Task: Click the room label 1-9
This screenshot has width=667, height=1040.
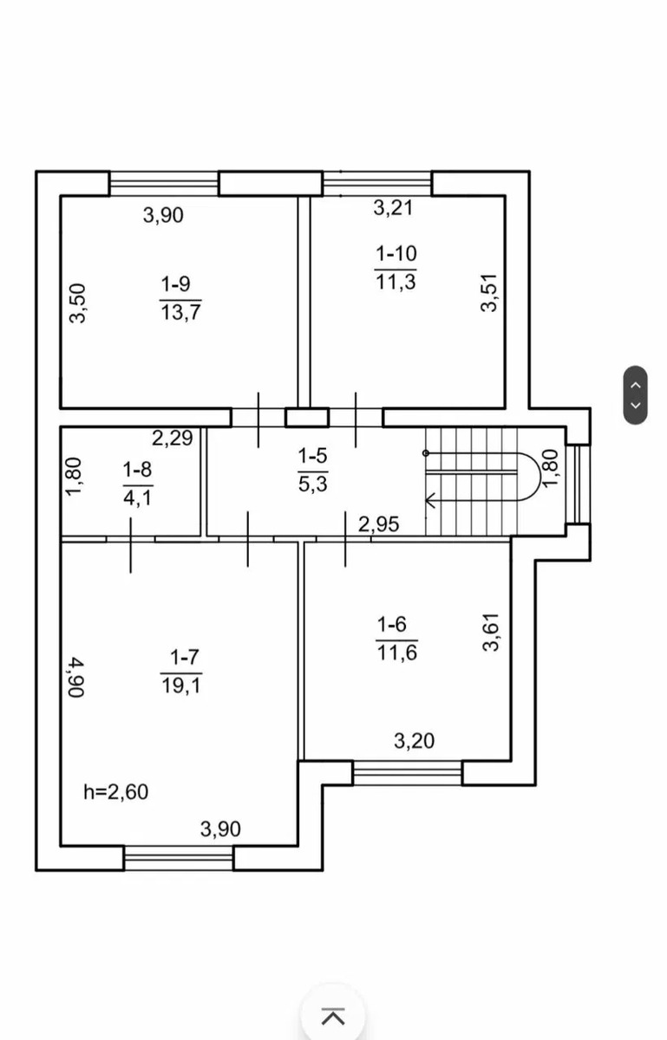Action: (176, 283)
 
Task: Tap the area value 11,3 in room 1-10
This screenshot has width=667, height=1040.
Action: (396, 282)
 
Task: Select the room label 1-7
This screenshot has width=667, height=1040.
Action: (185, 658)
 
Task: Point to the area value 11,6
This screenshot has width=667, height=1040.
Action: (397, 653)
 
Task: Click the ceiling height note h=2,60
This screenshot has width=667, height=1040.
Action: (115, 792)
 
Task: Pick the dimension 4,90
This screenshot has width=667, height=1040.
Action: (75, 677)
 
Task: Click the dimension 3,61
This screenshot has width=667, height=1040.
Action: (491, 632)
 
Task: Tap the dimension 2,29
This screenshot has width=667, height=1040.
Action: (173, 438)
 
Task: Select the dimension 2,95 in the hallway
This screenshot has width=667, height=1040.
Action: (379, 524)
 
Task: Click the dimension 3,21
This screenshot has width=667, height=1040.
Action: (393, 207)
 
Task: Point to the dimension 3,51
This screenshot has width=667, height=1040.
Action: (489, 293)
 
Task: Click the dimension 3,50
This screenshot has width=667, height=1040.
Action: (77, 303)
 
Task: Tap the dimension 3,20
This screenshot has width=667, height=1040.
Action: (414, 741)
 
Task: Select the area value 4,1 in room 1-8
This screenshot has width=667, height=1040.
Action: (138, 498)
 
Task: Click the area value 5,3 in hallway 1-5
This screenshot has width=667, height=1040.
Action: (313, 484)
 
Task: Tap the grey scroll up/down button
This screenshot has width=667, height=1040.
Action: (636, 395)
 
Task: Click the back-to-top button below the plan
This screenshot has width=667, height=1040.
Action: (333, 1017)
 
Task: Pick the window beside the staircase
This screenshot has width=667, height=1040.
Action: (579, 484)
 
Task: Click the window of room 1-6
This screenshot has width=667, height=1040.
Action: (407, 773)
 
